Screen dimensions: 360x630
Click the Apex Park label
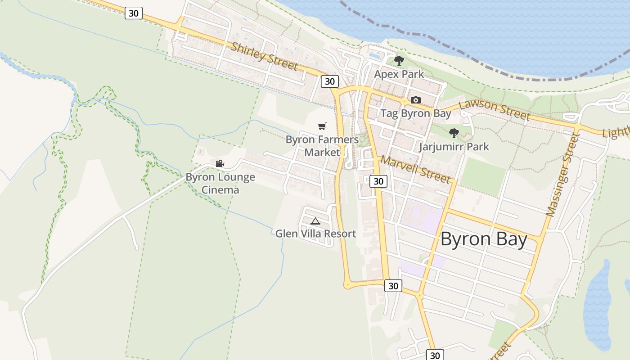[399, 74]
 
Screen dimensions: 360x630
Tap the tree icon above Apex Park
[399, 60]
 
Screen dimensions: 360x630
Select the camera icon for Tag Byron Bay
[416, 100]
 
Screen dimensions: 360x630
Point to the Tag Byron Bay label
[416, 113]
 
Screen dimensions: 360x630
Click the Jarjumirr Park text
[454, 147]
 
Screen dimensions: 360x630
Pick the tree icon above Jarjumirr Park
[454, 133]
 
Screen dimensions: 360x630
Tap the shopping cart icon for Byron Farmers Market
[322, 126]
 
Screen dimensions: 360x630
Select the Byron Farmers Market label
[322, 146]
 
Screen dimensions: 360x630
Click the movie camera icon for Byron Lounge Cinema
[220, 164]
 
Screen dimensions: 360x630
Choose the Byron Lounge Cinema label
[220, 183]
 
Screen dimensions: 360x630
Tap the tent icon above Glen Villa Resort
[315, 221]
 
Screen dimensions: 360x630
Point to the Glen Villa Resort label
[315, 234]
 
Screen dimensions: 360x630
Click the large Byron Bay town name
[484, 239]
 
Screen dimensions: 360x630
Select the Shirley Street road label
[265, 56]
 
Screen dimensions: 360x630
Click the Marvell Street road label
[415, 169]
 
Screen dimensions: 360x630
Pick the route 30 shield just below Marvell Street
[378, 181]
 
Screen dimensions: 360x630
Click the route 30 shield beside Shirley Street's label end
[330, 81]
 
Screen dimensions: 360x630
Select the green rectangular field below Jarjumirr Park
[483, 176]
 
